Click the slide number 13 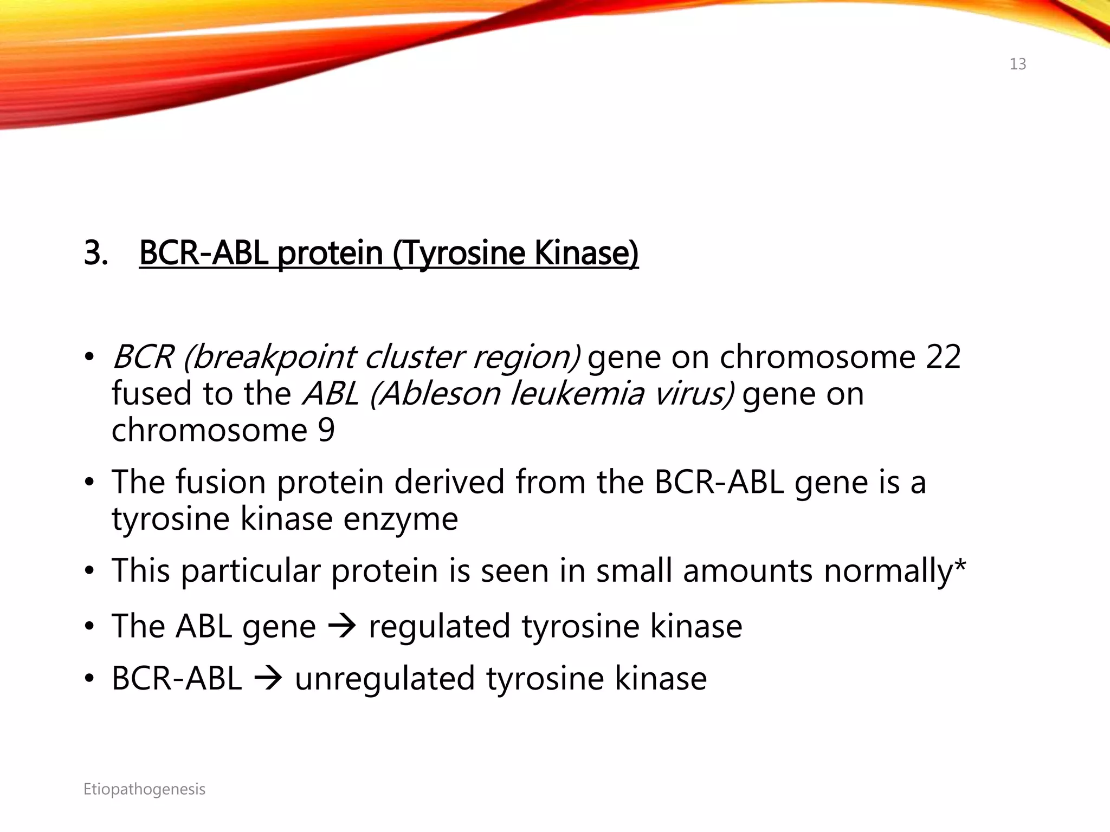[1017, 64]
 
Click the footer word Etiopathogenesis [144, 789]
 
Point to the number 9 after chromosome [326, 430]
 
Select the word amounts [748, 571]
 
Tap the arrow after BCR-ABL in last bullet [268, 679]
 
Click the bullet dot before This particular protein [89, 571]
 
